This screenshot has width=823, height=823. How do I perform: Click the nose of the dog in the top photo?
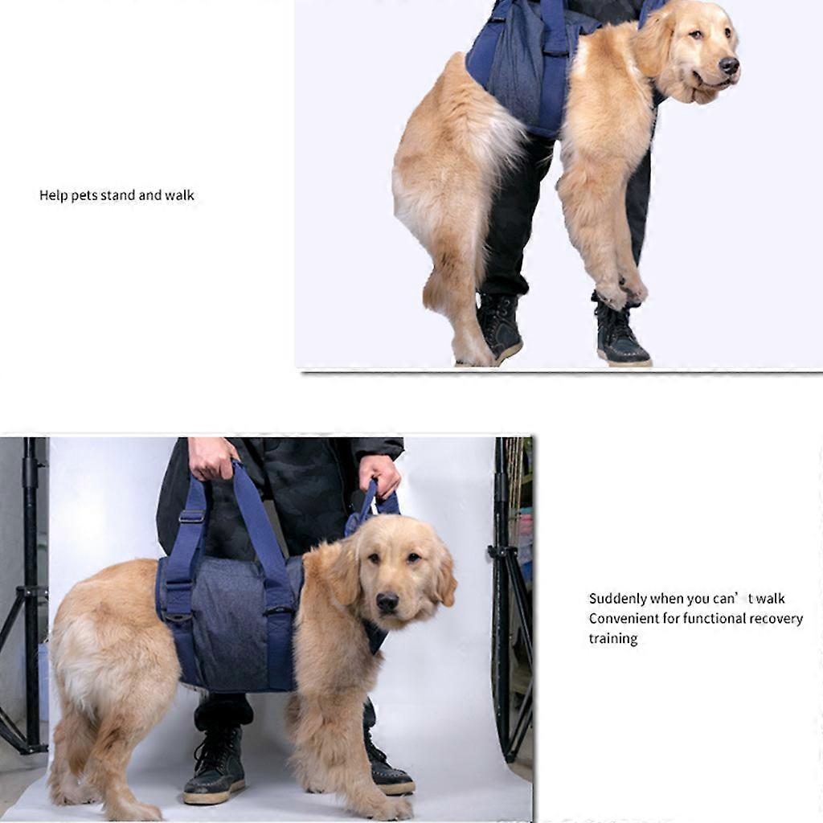tap(729, 65)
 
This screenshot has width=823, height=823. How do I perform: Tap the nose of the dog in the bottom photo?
tap(387, 602)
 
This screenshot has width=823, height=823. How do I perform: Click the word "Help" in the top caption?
tap(54, 196)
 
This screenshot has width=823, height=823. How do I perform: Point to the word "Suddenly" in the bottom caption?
tap(618, 599)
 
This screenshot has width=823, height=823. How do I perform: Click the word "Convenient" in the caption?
tap(624, 619)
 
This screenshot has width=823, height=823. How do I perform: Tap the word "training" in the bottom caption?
tap(613, 639)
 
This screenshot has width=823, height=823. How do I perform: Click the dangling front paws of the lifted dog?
tap(623, 290)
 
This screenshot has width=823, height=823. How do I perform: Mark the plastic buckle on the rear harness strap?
tap(191, 517)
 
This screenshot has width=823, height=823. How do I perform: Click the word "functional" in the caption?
tap(704, 619)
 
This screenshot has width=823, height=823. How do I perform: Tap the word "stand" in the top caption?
tap(118, 195)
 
